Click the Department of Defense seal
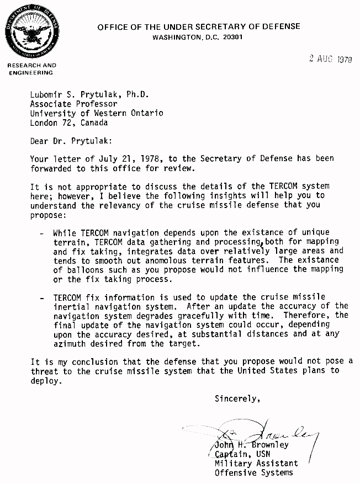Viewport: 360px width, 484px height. pos(30,31)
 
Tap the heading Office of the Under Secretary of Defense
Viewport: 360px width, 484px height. pos(199,26)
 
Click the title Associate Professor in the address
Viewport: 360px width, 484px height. pos(73,103)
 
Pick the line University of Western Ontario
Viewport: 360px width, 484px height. pos(97,113)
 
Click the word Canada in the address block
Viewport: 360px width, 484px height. pos(94,123)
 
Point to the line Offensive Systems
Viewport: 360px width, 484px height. pos(253,472)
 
